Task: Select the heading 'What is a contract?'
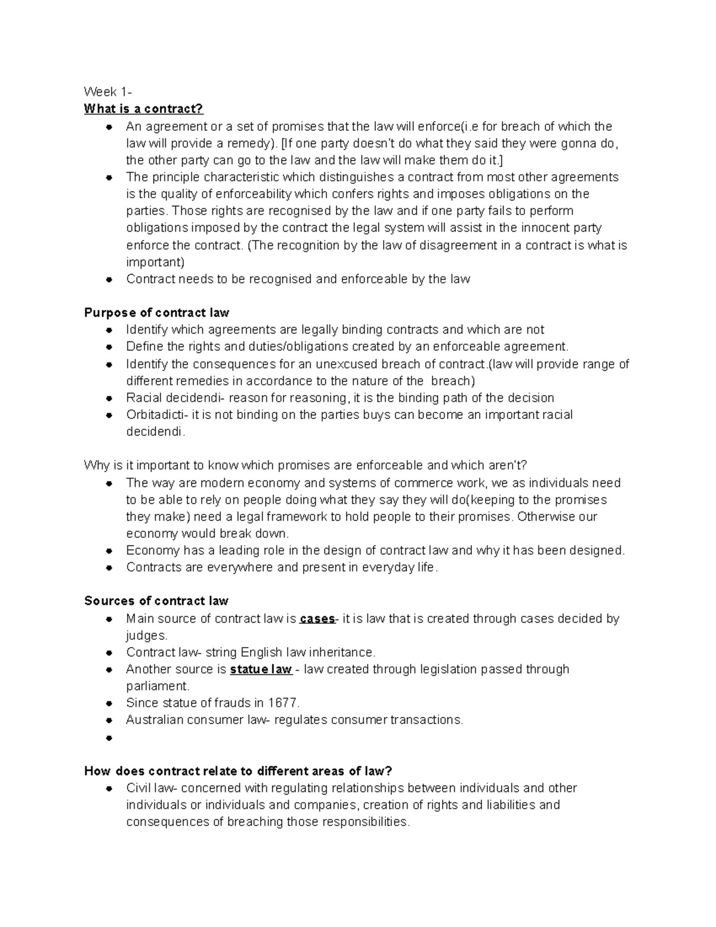tap(144, 109)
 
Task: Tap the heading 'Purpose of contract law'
tap(156, 313)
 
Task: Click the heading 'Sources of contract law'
tap(156, 601)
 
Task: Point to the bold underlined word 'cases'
tap(317, 619)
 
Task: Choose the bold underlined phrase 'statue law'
tap(261, 669)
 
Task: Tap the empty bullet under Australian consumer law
tap(109, 738)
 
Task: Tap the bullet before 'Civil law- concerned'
tap(109, 789)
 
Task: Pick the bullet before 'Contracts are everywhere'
tap(109, 568)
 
